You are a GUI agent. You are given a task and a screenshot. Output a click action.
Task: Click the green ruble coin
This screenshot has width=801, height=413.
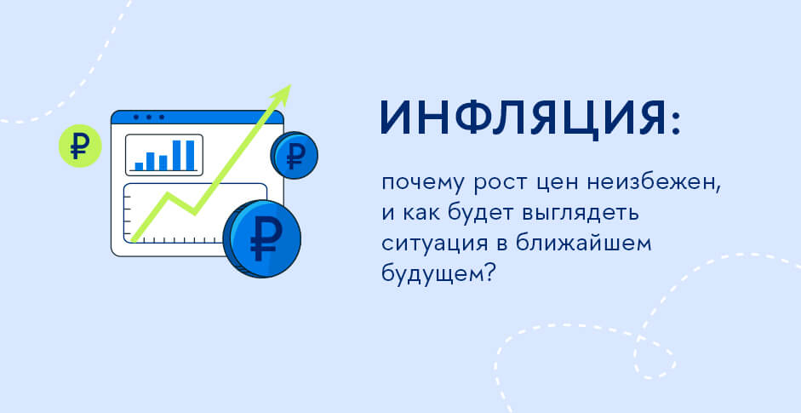click(x=80, y=146)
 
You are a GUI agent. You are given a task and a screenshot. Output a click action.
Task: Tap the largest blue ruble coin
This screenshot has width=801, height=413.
click(x=262, y=239)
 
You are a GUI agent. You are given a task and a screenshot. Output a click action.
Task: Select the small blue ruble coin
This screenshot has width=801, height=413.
click(x=295, y=155)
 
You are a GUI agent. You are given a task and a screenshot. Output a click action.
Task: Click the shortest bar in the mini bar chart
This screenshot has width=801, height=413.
click(x=139, y=166)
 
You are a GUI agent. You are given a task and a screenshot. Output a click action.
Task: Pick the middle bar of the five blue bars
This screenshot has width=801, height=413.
click(x=163, y=163)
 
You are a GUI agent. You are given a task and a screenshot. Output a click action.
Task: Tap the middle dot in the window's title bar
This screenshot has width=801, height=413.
click(x=149, y=117)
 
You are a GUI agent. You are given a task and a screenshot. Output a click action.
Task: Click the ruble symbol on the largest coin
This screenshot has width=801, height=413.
click(x=263, y=238)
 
